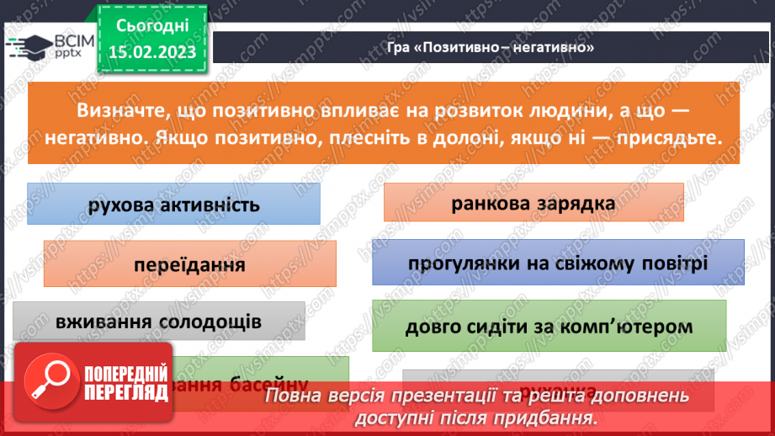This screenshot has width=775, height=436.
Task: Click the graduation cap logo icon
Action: tap(25, 47)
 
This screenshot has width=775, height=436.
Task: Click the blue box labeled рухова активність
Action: tap(173, 205)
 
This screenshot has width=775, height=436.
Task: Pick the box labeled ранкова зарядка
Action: tap(533, 203)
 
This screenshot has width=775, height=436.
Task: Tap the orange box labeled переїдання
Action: tap(189, 264)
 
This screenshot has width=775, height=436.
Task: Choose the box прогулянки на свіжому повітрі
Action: tap(557, 263)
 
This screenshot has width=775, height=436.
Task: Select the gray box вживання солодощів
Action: tap(159, 322)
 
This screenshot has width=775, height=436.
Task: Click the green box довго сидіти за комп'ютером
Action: tap(549, 326)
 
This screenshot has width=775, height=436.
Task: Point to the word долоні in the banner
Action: tap(453, 139)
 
